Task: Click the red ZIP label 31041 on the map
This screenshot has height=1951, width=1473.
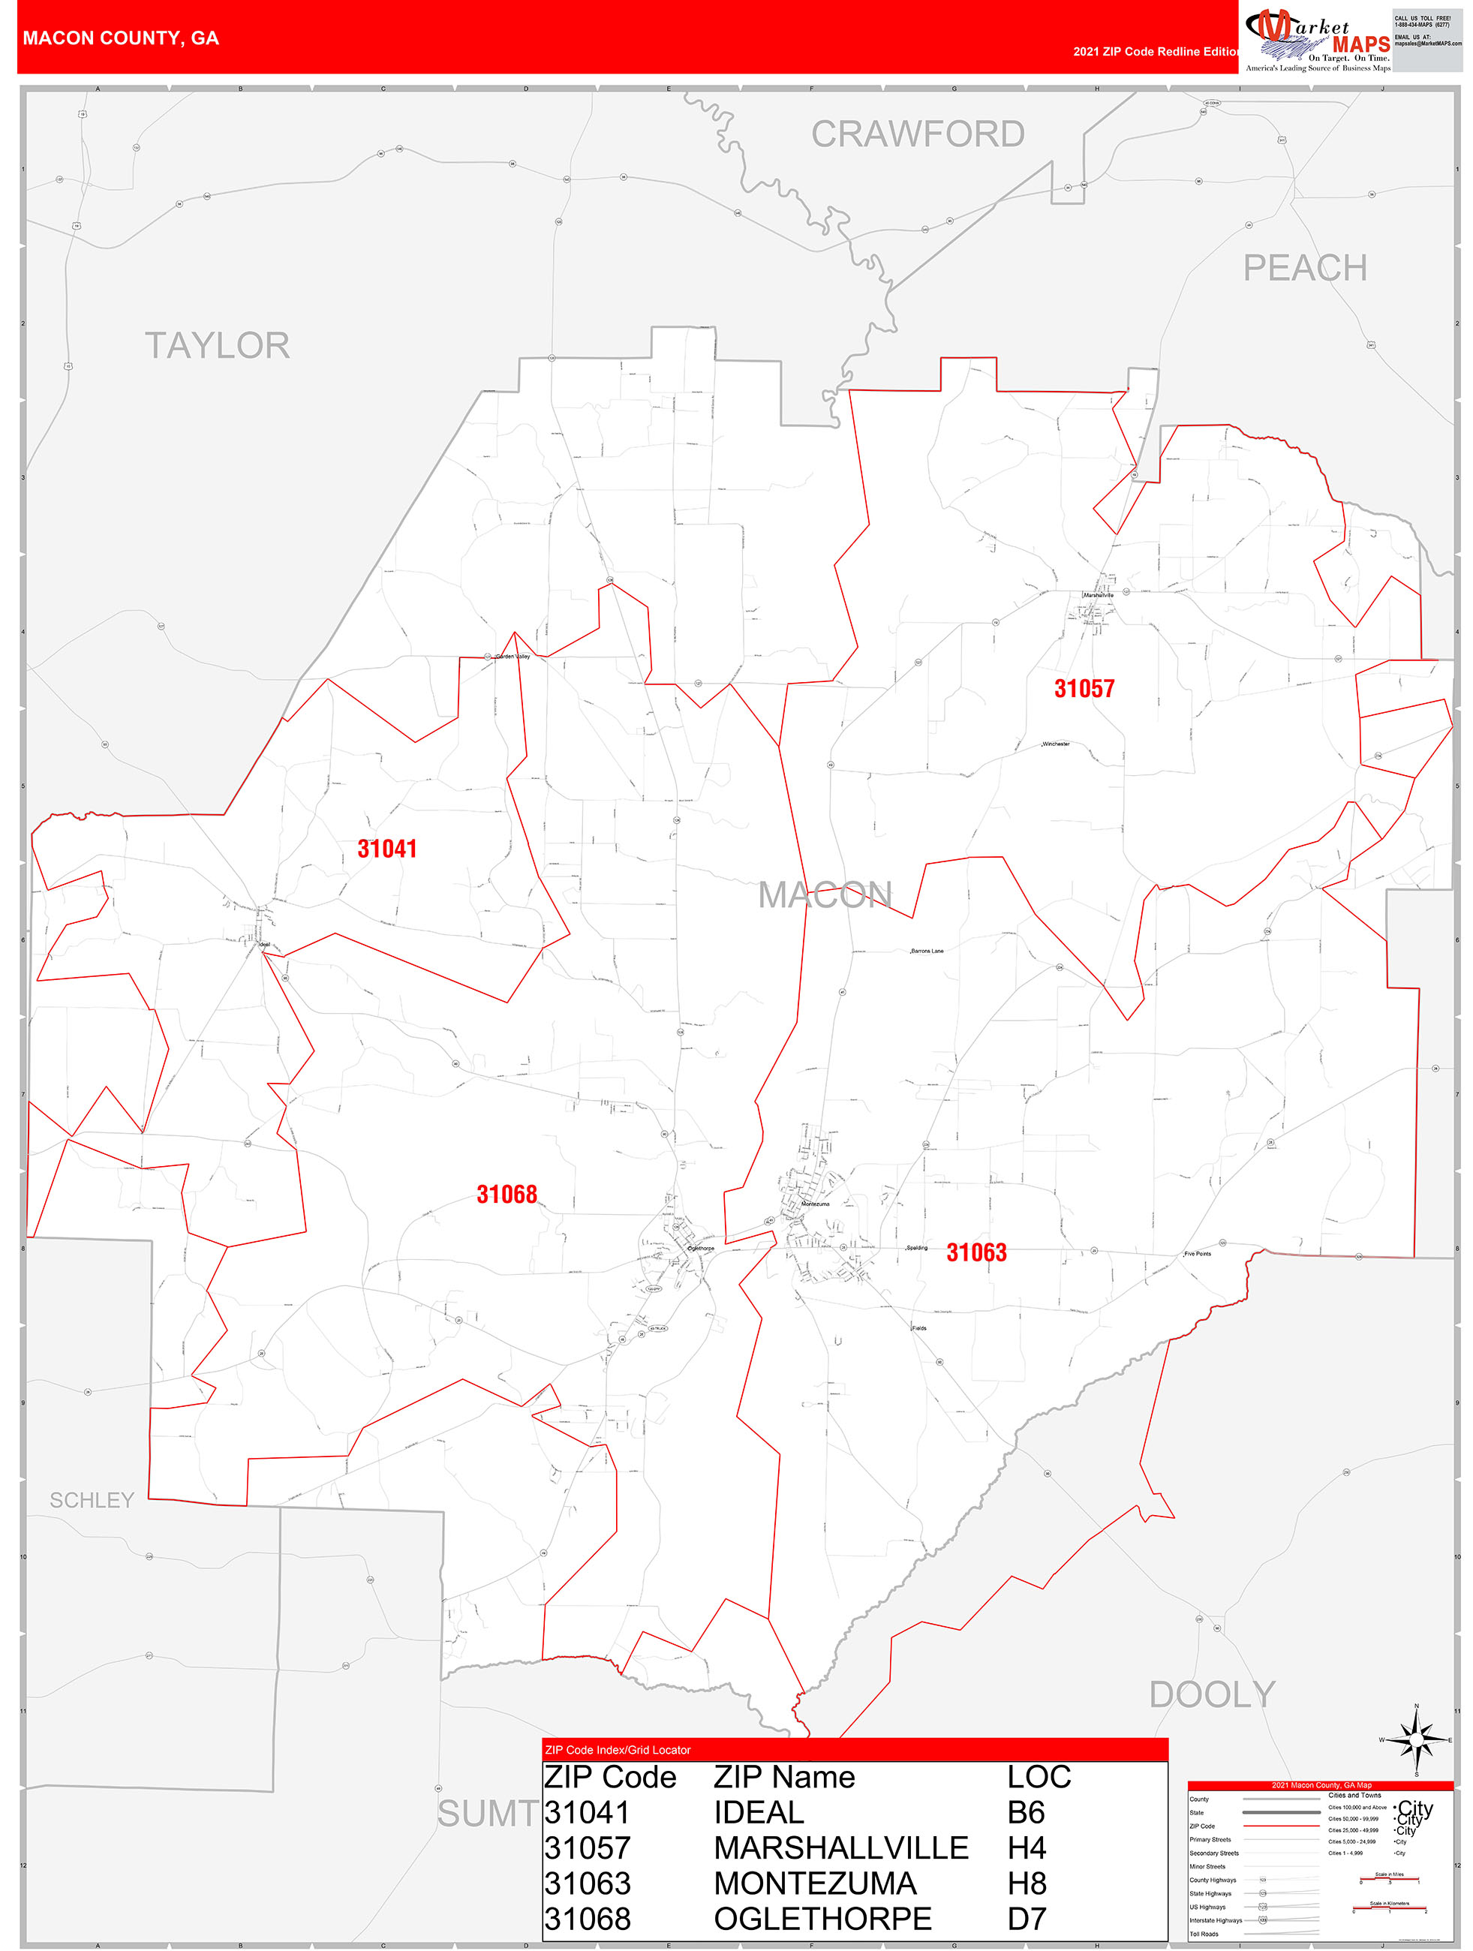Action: click(386, 849)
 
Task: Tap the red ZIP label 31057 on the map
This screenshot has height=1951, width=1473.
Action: click(1084, 689)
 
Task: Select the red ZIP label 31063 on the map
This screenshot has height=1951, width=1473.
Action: click(975, 1252)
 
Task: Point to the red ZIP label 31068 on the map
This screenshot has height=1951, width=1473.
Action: click(507, 1195)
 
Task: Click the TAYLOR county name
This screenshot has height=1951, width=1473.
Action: click(217, 346)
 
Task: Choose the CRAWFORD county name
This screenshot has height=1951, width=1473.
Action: click(917, 135)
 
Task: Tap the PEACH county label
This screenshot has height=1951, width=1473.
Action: click(1304, 268)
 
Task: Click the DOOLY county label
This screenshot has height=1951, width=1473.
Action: click(1212, 1694)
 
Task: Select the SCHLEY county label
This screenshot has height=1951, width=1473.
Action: click(92, 1499)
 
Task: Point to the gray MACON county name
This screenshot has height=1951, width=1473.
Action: click(825, 895)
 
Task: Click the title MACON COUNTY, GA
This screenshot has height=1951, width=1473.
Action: click(121, 38)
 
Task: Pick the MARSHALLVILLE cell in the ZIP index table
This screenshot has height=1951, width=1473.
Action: click(840, 1847)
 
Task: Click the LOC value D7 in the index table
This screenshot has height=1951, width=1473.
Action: click(1026, 1919)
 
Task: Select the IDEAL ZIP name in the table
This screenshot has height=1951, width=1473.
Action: click(759, 1811)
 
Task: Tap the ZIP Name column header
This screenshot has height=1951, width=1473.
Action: click(784, 1776)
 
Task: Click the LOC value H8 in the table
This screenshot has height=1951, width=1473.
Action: click(1027, 1883)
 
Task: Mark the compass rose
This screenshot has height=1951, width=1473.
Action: click(1416, 1740)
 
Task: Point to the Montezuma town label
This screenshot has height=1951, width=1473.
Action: click(815, 1204)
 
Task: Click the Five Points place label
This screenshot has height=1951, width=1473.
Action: click(1198, 1253)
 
